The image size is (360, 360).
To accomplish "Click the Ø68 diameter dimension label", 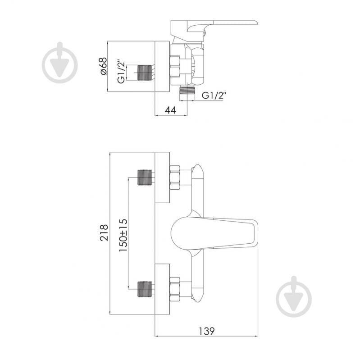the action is click(x=104, y=66).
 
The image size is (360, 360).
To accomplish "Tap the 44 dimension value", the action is click(x=171, y=110).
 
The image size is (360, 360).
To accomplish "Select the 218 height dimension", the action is click(x=104, y=232).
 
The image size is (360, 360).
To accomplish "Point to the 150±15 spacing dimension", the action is click(x=123, y=235).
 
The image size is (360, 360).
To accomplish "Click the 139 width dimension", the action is click(x=207, y=331).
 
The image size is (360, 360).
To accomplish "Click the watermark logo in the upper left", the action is click(x=60, y=63).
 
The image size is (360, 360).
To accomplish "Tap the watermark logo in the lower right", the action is click(x=294, y=296).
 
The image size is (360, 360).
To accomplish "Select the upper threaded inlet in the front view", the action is click(x=145, y=178).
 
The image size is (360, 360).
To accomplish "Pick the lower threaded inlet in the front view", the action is click(x=145, y=289).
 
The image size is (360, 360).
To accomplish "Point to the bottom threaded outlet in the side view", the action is click(x=187, y=90).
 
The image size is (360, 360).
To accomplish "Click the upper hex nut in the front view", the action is click(x=175, y=177).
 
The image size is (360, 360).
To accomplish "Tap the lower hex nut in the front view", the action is click(x=175, y=289).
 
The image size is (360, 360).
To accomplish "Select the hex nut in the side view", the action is click(x=175, y=67).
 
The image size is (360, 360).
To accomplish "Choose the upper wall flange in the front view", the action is click(x=162, y=178).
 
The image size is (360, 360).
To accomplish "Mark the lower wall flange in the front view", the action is click(x=162, y=289).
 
